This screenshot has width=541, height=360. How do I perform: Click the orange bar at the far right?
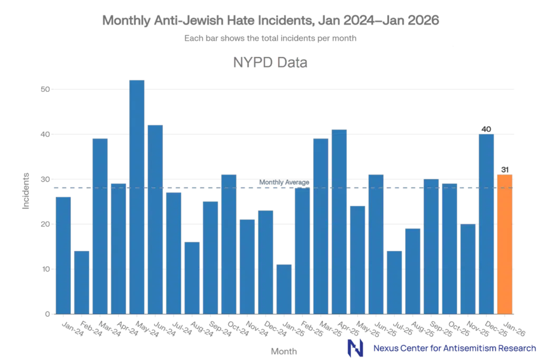[x=505, y=243]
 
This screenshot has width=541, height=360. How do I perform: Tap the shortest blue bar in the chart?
[x=284, y=288]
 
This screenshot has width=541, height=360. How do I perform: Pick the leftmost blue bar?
[x=63, y=254]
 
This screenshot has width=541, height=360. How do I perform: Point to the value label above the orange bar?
[x=505, y=169]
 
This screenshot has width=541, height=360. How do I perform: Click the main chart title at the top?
[x=270, y=22]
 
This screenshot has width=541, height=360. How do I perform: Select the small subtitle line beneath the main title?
[x=270, y=38]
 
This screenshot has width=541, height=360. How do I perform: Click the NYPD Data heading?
[x=270, y=63]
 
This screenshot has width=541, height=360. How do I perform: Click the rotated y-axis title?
[x=25, y=190]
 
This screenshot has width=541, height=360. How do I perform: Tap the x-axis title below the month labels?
[x=285, y=350]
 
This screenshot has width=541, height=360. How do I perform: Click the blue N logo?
[x=356, y=348]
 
